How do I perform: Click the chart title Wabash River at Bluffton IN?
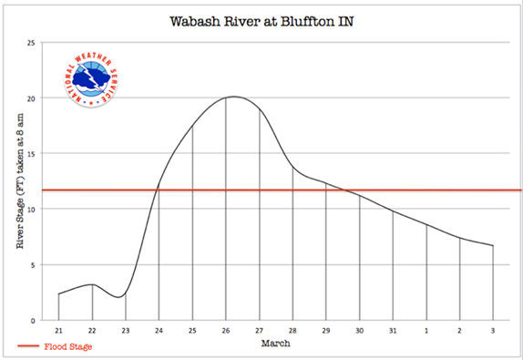tap(261, 20)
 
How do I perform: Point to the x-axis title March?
tap(275, 345)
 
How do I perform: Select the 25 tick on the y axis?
tap(32, 43)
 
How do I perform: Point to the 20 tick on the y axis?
tap(32, 98)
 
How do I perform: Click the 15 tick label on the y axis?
tap(32, 154)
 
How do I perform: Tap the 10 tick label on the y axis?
tap(32, 210)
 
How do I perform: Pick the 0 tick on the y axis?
tap(34, 321)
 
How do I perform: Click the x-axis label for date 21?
tap(58, 331)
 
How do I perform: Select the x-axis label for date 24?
tap(159, 331)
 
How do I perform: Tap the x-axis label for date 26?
tap(225, 331)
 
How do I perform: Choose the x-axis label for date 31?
tap(393, 331)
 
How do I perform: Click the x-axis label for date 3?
tap(493, 331)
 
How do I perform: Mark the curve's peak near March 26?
tap(232, 97)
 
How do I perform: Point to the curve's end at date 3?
tap(493, 246)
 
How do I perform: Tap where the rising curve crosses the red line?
tap(158, 190)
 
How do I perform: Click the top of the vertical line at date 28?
tap(292, 168)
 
